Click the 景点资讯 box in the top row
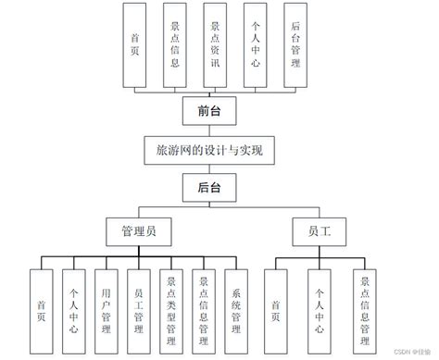pos(216,45)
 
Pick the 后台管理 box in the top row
pos(295,45)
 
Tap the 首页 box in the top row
pos(136,45)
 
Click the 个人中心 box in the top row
pos(256,45)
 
